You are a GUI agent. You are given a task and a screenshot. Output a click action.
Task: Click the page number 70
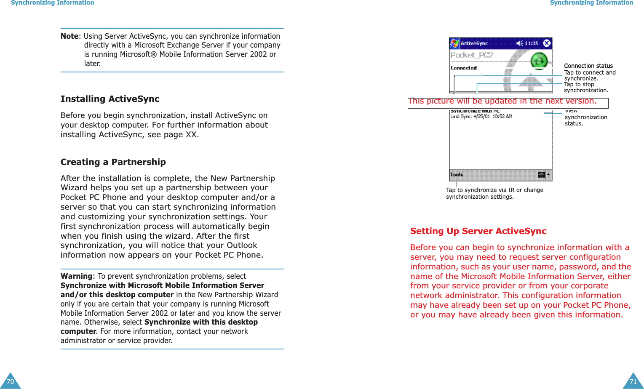(x=10, y=381)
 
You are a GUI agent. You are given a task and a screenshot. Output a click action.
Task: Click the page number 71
(x=633, y=381)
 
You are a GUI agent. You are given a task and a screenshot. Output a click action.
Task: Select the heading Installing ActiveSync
(x=110, y=99)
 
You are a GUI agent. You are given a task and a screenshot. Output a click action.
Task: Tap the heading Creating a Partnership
(x=113, y=162)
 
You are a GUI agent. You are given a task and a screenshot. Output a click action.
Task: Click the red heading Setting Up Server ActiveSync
(x=478, y=231)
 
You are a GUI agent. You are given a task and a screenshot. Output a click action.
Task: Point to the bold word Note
(x=69, y=36)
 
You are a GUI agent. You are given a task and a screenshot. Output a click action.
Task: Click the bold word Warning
(x=76, y=276)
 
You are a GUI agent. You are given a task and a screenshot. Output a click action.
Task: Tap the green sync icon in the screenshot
(x=539, y=61)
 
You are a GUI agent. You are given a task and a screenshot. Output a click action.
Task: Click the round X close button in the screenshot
(x=547, y=43)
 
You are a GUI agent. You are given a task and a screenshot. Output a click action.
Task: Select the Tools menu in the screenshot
(x=457, y=175)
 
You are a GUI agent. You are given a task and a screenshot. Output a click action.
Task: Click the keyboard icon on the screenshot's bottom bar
(x=542, y=175)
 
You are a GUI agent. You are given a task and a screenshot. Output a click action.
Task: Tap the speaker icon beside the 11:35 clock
(x=520, y=43)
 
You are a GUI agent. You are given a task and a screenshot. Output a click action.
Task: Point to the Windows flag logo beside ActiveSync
(x=454, y=43)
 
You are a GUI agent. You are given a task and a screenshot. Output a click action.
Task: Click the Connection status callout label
(x=588, y=66)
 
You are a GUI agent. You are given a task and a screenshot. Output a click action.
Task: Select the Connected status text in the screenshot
(x=463, y=68)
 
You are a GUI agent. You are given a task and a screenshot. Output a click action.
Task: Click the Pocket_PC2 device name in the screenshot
(x=471, y=55)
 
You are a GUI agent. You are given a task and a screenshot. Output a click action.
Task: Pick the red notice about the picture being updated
(x=502, y=101)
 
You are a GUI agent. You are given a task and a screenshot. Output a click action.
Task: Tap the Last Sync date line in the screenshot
(x=481, y=117)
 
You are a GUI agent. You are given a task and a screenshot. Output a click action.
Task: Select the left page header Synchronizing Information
(x=52, y=3)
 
